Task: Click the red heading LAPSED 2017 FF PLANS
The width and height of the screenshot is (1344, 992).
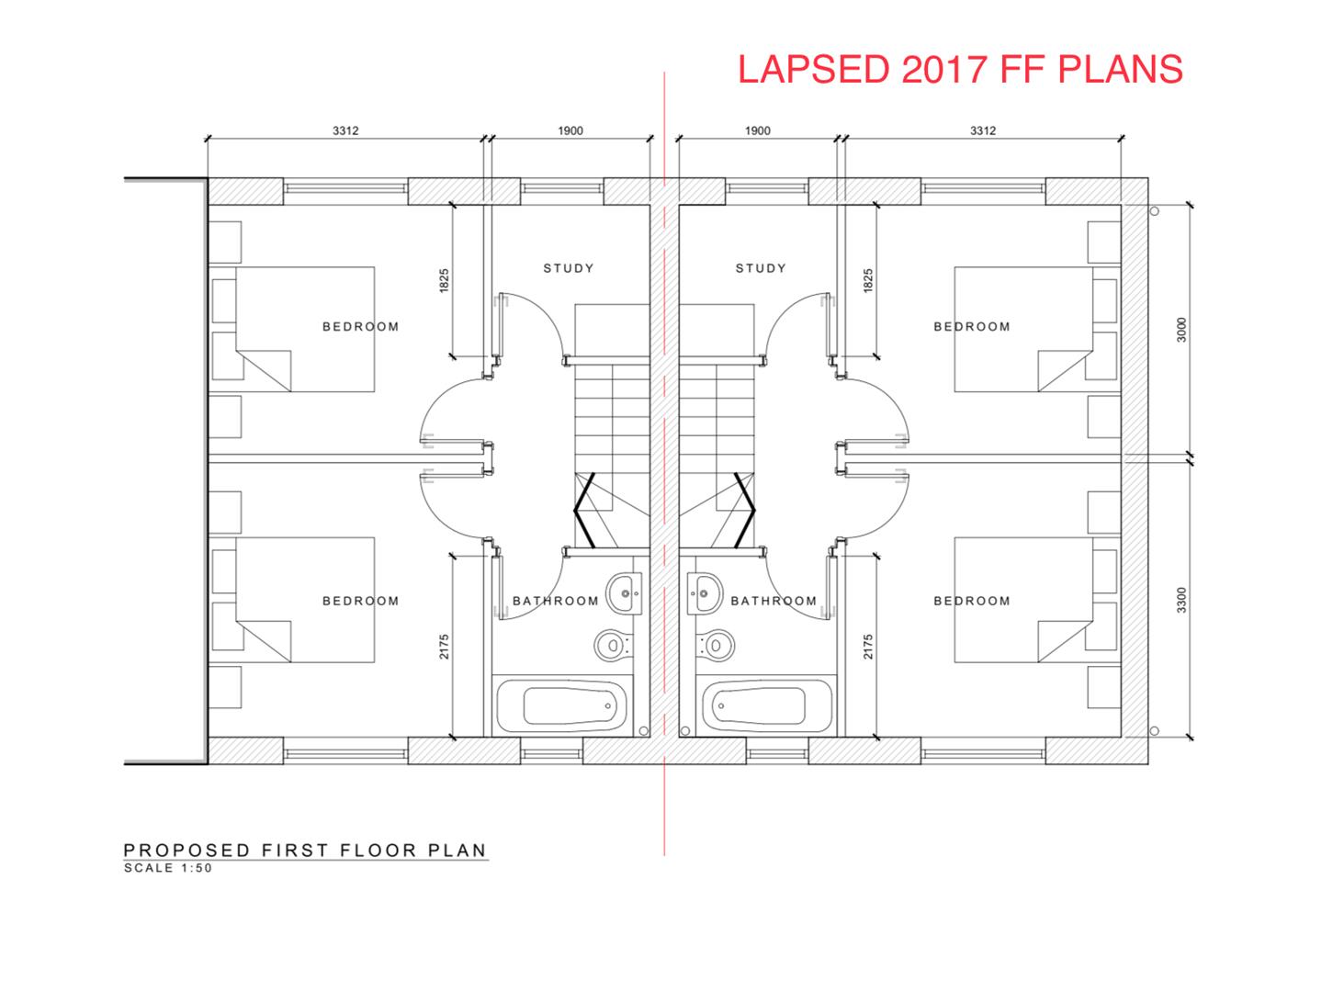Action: (960, 70)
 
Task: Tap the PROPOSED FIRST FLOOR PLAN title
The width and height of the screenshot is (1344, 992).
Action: (305, 850)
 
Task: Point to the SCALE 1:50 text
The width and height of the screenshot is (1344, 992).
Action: (168, 868)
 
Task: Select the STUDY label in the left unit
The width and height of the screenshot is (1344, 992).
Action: (569, 268)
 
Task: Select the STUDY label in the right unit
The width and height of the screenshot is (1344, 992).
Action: (761, 268)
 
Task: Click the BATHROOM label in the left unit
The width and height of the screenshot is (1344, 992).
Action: (556, 601)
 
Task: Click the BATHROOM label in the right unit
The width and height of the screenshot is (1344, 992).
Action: (774, 601)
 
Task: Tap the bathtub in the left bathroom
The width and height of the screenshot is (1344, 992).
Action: (562, 705)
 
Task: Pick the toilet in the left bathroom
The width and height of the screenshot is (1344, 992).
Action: (609, 645)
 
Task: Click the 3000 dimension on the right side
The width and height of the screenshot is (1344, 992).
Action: (1181, 330)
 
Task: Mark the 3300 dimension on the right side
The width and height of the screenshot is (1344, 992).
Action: (1181, 600)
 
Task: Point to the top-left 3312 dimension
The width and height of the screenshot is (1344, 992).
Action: (345, 130)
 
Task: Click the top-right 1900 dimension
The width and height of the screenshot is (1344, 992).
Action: (757, 130)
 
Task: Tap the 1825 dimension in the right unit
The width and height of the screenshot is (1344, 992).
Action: (868, 280)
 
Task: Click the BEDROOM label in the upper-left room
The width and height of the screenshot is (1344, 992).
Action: (361, 326)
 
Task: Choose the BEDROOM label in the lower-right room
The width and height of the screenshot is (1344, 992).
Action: (972, 601)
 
